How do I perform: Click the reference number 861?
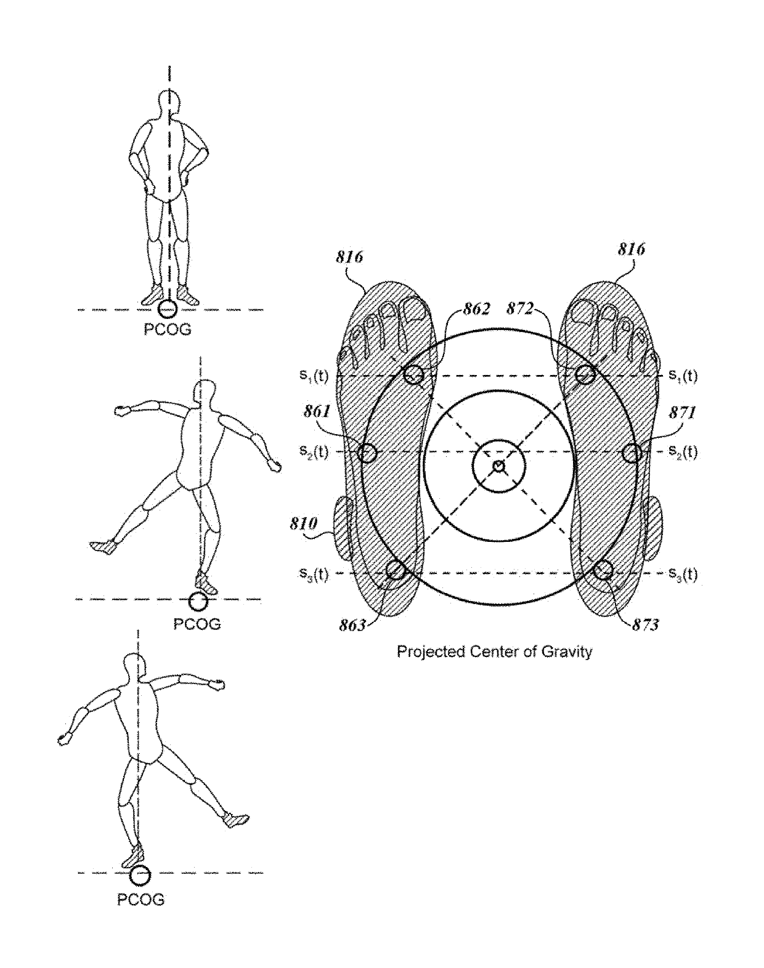[317, 411]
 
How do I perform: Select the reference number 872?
[520, 309]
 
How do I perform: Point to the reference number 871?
[683, 413]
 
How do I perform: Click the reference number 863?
[352, 625]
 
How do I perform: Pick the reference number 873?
[645, 624]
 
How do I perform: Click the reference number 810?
[303, 523]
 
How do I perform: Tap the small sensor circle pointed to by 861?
[367, 453]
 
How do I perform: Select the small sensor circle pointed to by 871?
[632, 453]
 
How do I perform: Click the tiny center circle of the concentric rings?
[498, 466]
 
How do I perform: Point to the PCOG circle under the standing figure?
[168, 309]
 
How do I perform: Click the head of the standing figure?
[170, 104]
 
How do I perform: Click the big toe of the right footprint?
[583, 312]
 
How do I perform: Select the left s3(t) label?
[314, 574]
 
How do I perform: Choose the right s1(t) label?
[683, 376]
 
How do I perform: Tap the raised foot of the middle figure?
[104, 547]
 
